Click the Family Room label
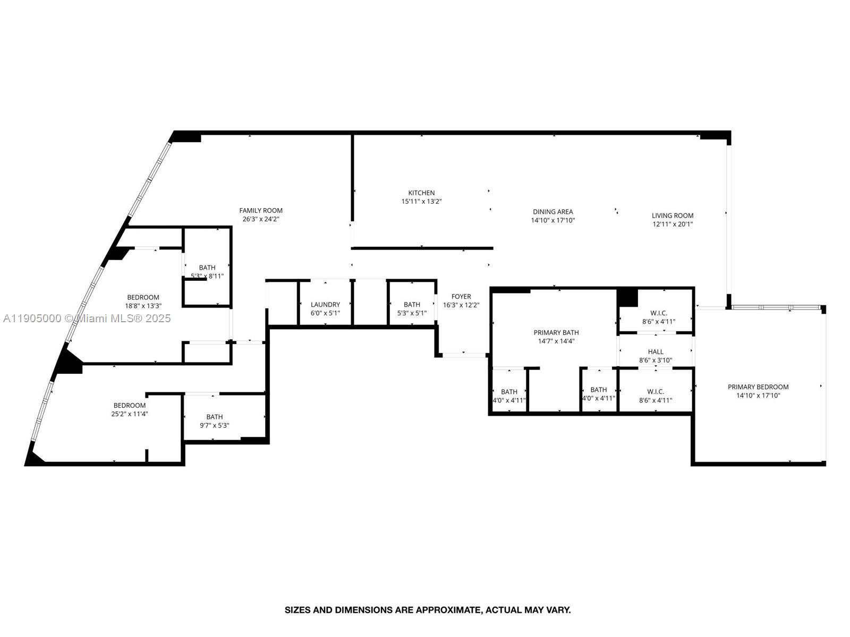coord(261,211)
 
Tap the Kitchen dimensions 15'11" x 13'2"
coord(421,202)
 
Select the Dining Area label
coord(552,212)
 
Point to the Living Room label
coord(673,216)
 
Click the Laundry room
coord(325,308)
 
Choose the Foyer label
coord(461,297)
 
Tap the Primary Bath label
coord(556,333)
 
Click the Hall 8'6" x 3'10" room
coord(656,356)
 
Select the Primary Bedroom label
coord(758,387)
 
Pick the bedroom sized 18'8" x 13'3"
coord(143,302)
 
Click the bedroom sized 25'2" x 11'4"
coord(129,409)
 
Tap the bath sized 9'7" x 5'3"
coord(215,421)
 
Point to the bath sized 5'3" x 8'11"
coord(207,271)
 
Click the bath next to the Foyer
coord(412,308)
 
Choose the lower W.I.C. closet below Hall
coord(656,396)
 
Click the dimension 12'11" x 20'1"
coord(673,224)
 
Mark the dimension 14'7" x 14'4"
coord(556,341)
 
